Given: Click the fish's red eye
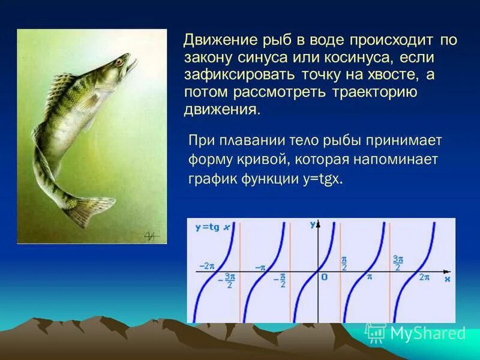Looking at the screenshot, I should tap(119, 61).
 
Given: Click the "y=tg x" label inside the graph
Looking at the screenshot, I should tap(212, 227).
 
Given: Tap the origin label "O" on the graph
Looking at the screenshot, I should tap(324, 277).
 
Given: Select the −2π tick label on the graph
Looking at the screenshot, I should tap(208, 265).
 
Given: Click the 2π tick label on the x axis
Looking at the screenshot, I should tap(424, 277).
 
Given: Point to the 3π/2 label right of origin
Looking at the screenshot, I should tap(397, 263).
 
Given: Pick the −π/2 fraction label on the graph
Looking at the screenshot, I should tap(282, 280).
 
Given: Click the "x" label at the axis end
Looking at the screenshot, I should tap(447, 279).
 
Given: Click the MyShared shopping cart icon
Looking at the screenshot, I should tap(376, 332).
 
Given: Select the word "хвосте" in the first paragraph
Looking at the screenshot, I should tap(386, 76).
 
